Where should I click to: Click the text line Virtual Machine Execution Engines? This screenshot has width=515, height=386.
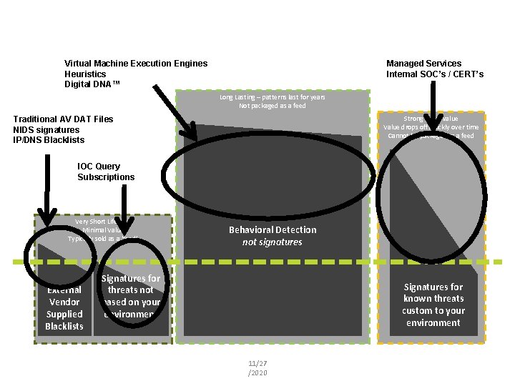[136, 64]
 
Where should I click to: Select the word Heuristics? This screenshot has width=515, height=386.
[85, 74]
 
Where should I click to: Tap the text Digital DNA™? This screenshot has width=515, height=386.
[92, 84]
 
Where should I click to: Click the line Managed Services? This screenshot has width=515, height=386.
[423, 64]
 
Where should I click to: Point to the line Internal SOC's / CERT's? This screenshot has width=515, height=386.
[435, 74]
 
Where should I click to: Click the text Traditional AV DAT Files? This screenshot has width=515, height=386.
[63, 119]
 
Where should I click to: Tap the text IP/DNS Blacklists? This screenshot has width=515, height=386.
[49, 140]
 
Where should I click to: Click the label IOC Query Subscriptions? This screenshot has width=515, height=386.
[106, 172]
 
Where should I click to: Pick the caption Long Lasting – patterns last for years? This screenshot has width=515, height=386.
[272, 97]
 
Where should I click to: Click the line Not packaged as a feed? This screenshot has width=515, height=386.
[272, 106]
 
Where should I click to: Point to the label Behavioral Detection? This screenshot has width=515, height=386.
[272, 229]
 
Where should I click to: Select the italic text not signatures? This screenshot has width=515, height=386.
[272, 242]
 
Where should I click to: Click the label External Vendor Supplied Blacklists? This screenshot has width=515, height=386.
[64, 308]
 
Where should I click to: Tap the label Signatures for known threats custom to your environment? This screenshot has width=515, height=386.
[433, 305]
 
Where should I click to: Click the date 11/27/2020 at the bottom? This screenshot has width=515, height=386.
[257, 368]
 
